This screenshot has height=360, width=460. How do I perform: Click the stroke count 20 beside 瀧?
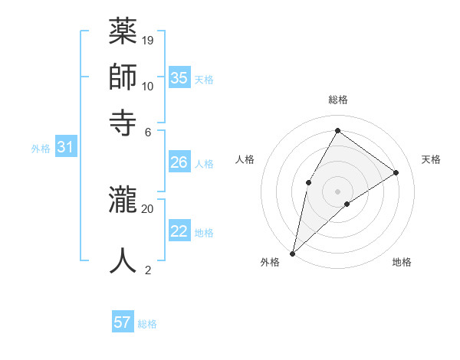tap(148, 208)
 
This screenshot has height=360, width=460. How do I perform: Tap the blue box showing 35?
tap(179, 78)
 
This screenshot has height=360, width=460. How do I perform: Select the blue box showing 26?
tap(179, 162)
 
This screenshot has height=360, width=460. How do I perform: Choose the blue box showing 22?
tap(179, 231)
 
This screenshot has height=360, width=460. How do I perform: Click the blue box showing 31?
tap(65, 147)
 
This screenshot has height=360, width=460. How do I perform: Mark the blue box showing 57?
tap(123, 322)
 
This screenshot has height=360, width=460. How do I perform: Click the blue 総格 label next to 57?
tap(147, 324)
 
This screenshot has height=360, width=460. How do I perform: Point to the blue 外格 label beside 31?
tap(41, 149)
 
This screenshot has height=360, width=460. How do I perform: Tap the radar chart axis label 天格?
tap(431, 159)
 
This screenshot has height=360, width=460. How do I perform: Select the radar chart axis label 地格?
tap(402, 263)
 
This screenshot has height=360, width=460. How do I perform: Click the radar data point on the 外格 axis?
tap(292, 253)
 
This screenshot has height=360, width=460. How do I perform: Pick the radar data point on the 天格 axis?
tap(396, 173)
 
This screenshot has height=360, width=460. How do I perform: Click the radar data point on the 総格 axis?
tap(337, 130)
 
